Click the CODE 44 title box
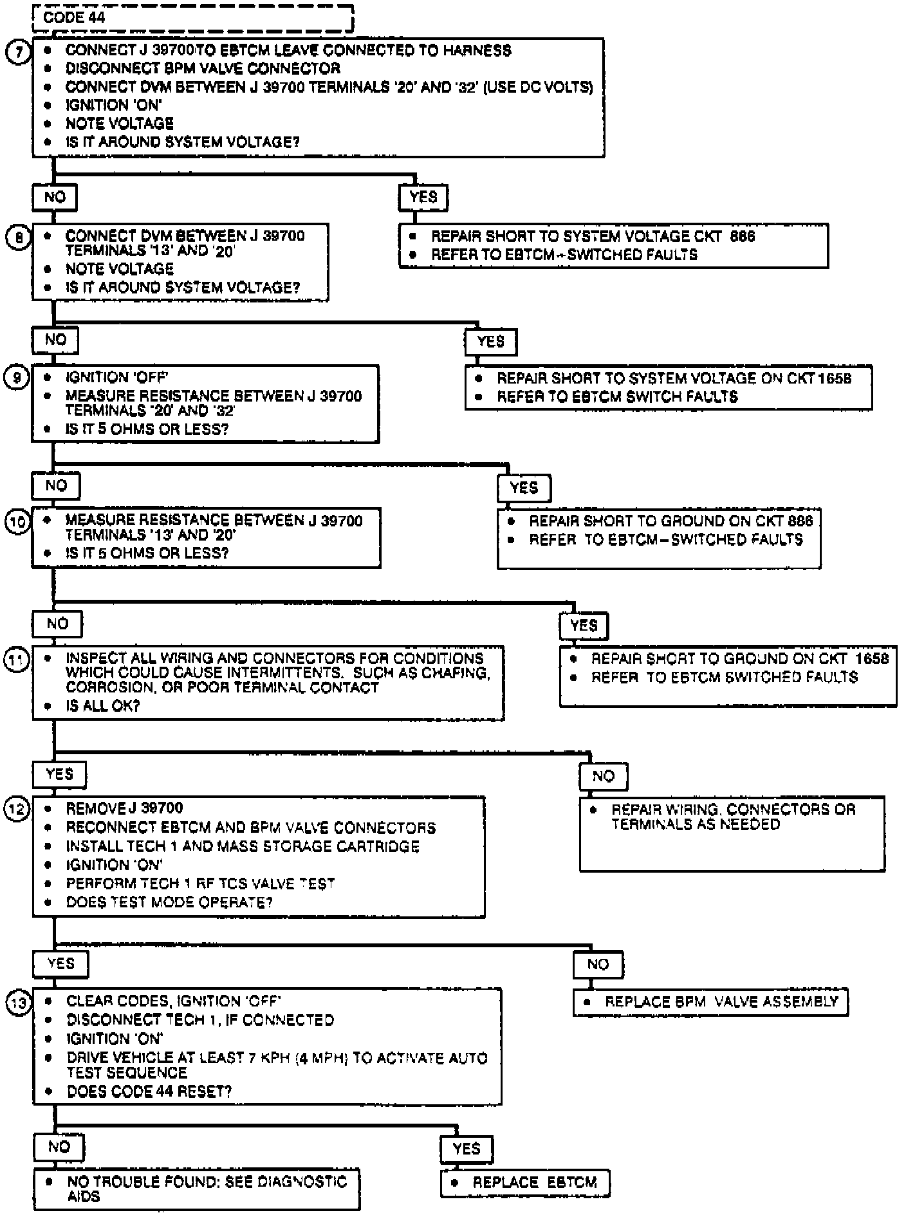(193, 17)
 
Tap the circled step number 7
(19, 51)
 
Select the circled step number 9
(17, 378)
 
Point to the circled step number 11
(17, 660)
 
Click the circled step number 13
(18, 1003)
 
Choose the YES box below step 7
(423, 198)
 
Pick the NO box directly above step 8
(55, 198)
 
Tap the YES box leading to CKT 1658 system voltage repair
(490, 342)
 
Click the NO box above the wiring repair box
(603, 777)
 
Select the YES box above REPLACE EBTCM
(467, 1149)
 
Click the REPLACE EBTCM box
(525, 1182)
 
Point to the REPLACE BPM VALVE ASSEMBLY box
(710, 1002)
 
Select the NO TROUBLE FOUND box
(196, 1189)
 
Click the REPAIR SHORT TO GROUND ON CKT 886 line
(670, 521)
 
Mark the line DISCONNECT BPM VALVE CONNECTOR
(203, 68)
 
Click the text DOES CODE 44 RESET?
(149, 1091)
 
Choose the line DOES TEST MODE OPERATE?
(169, 902)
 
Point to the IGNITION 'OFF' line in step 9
(116, 377)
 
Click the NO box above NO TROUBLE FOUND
(59, 1147)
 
